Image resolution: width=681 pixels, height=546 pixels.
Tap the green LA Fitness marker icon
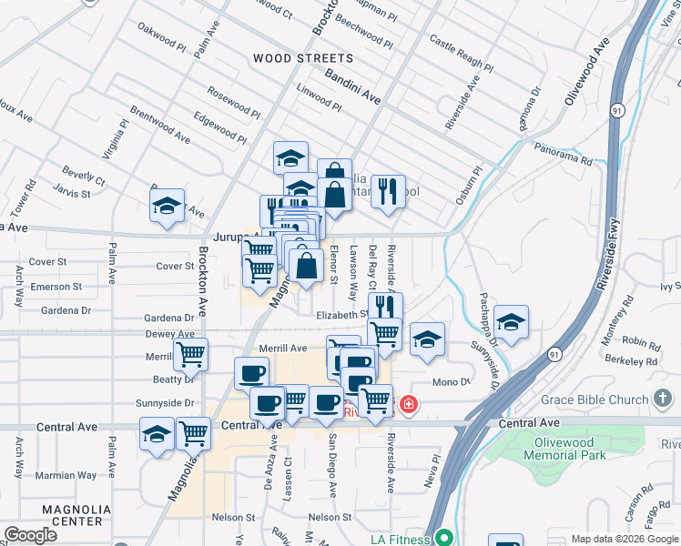click(443, 538)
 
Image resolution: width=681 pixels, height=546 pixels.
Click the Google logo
click(29, 535)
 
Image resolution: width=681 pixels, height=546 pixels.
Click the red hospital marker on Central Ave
click(409, 403)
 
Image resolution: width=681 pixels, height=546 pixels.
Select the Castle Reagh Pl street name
click(461, 55)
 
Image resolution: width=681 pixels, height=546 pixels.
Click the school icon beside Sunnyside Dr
click(512, 322)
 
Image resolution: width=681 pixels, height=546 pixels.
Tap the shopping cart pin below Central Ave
click(193, 435)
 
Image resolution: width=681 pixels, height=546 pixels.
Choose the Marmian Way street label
click(67, 475)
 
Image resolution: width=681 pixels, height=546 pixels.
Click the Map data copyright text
click(625, 539)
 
